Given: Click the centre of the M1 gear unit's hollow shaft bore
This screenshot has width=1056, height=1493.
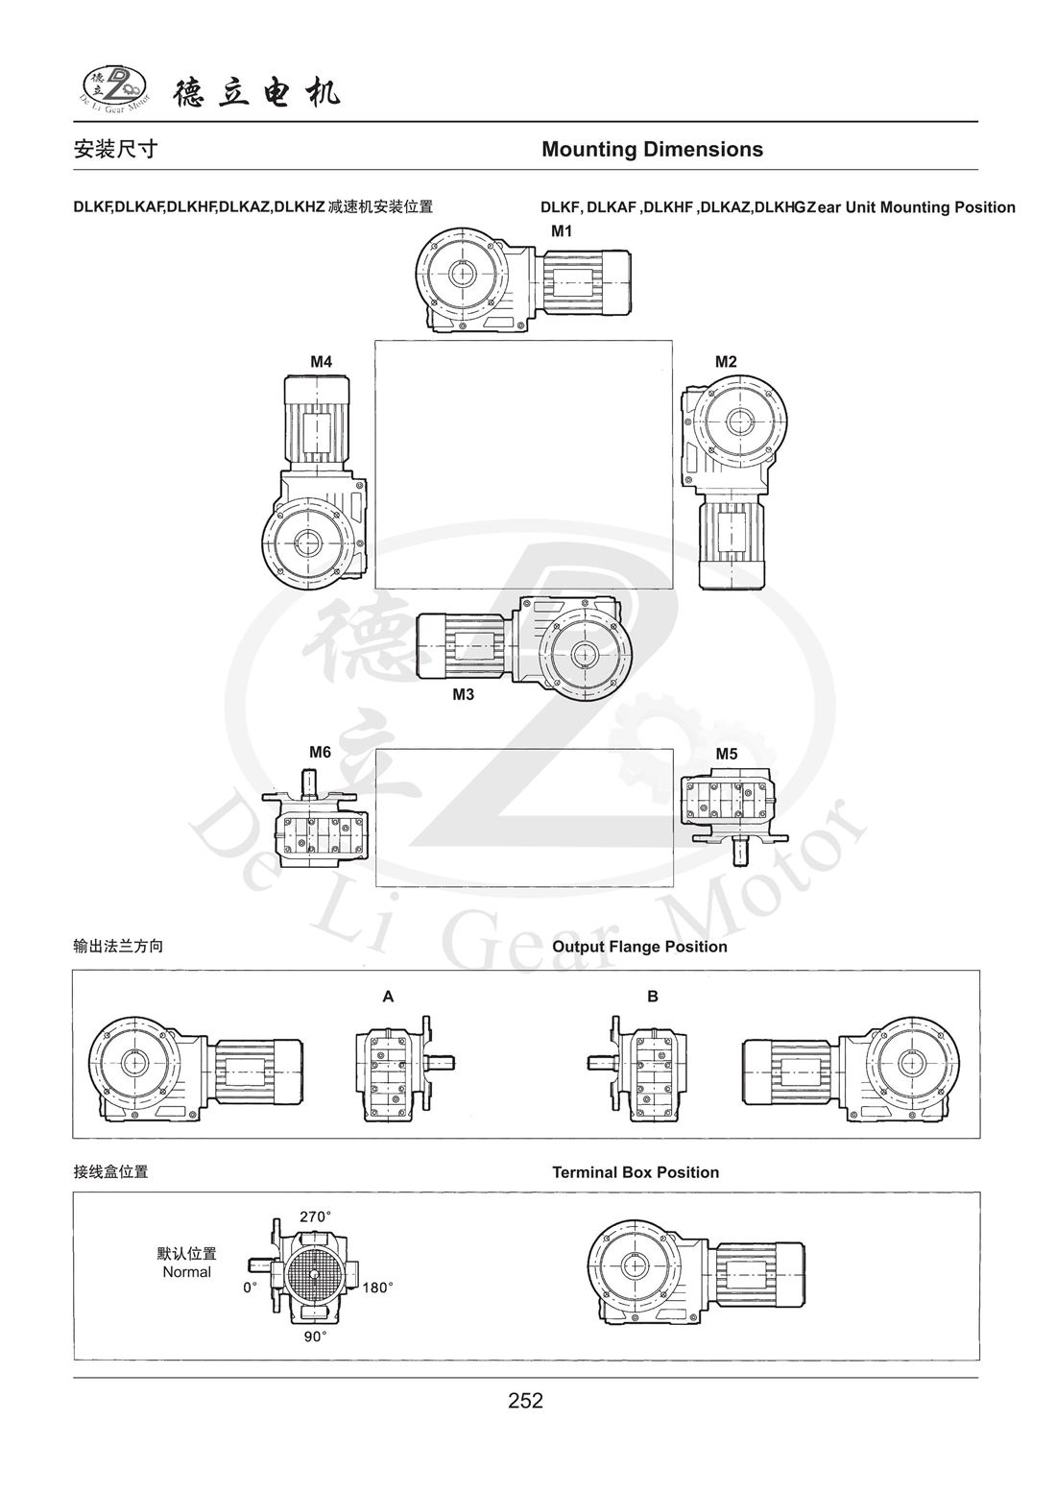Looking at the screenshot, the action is [461, 273].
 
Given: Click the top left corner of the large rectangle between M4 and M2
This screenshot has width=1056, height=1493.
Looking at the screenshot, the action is [375, 341].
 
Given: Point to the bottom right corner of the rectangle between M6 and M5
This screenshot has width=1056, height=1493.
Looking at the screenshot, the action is [673, 887].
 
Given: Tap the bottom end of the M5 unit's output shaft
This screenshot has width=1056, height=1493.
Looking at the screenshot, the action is [738, 866].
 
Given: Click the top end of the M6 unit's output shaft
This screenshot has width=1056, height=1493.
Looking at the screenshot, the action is [310, 770].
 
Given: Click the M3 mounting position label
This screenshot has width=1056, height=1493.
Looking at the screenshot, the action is [463, 694].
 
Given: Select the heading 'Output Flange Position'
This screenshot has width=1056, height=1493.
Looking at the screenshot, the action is [639, 947].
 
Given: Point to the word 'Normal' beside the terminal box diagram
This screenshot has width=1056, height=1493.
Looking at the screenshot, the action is [186, 1272].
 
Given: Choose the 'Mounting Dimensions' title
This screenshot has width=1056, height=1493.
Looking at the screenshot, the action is [652, 150].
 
